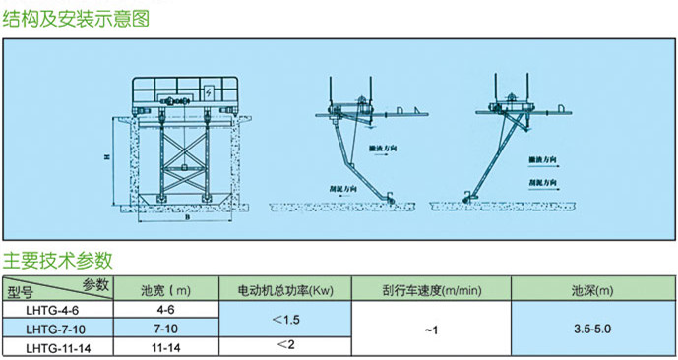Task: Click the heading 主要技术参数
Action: click(x=58, y=261)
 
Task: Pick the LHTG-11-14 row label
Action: click(x=61, y=347)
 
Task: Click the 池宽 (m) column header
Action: click(x=165, y=291)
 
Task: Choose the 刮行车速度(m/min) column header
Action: click(x=432, y=291)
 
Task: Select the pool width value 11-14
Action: click(x=165, y=347)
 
